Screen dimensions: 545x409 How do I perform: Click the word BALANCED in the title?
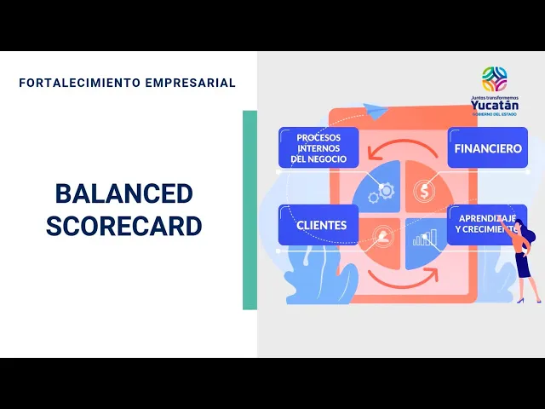click(124, 193)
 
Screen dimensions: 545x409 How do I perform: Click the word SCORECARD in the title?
click(124, 226)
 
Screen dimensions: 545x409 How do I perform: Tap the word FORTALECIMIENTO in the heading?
click(80, 83)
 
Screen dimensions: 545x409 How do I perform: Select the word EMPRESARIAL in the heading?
click(191, 83)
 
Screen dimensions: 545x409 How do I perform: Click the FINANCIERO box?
click(488, 147)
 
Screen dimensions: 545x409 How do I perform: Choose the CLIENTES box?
click(318, 225)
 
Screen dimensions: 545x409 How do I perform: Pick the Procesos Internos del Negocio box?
click(318, 147)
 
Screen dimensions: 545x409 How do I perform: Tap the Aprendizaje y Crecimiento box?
click(486, 225)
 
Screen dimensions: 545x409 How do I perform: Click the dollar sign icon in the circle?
click(424, 191)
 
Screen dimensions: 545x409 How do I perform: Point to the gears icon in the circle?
click(381, 193)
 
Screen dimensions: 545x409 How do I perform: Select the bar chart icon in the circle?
click(424, 237)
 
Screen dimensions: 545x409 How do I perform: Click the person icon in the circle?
click(382, 236)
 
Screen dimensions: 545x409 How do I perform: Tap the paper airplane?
click(376, 111)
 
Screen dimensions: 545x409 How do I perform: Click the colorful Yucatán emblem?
click(494, 79)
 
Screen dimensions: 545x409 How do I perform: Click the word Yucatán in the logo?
click(495, 105)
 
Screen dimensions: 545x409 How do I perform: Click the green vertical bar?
click(250, 210)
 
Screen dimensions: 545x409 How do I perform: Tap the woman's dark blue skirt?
click(522, 265)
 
